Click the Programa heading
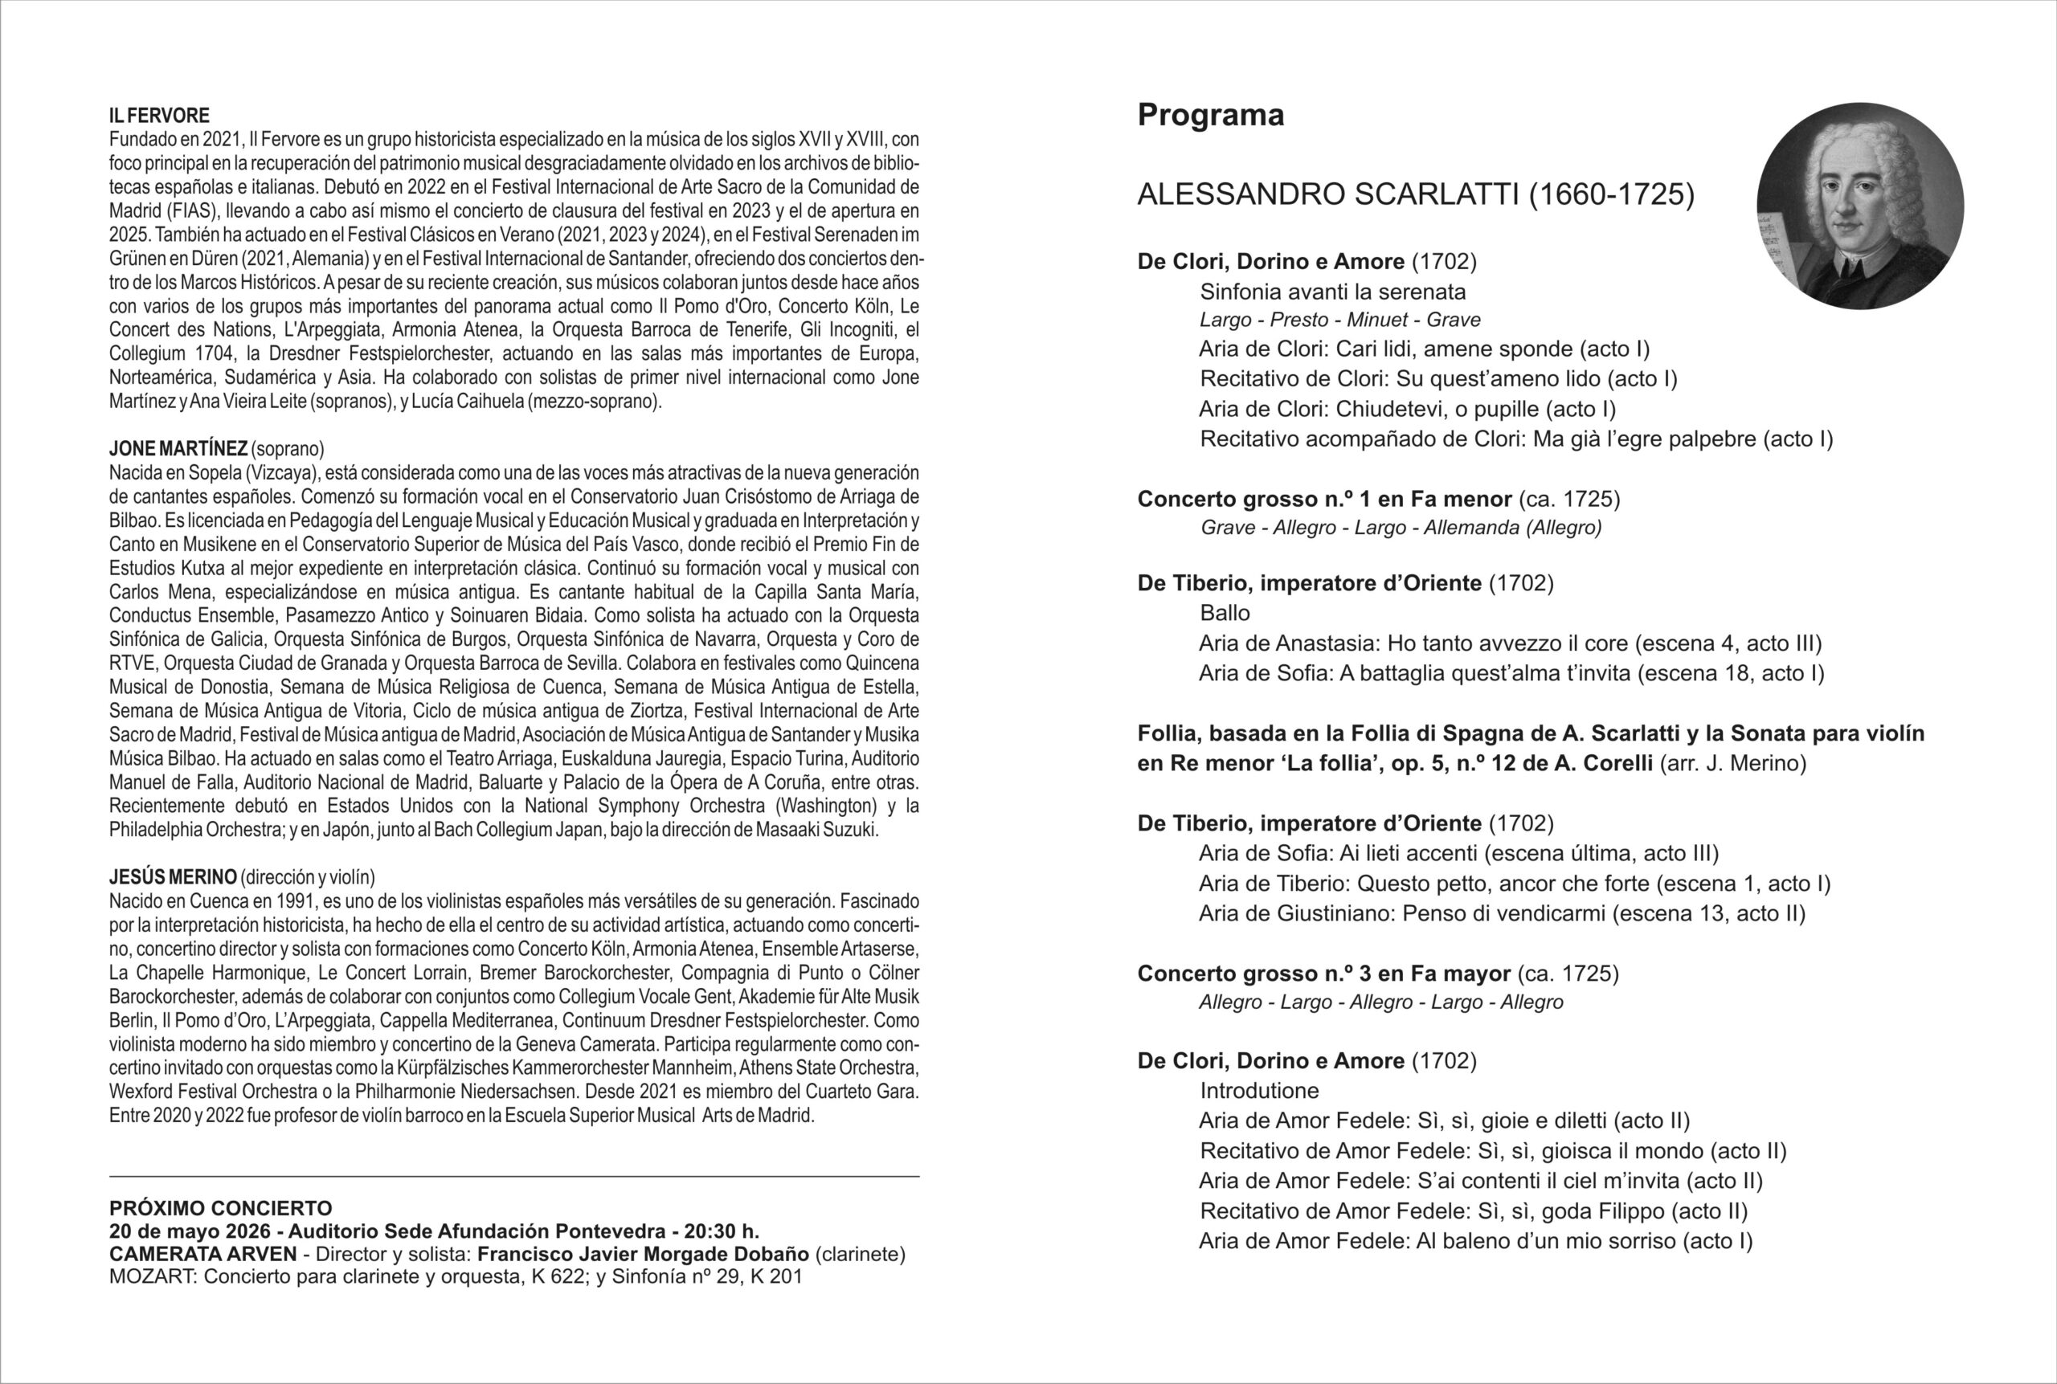pyautogui.click(x=1210, y=116)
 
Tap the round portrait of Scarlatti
pyautogui.click(x=1860, y=206)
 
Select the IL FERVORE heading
pyautogui.click(x=160, y=116)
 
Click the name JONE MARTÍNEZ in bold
pyautogui.click(x=178, y=449)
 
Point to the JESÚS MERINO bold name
pyautogui.click(x=173, y=877)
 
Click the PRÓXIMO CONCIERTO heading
pyautogui.click(x=221, y=1208)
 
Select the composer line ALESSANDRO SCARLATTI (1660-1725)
pyautogui.click(x=1415, y=195)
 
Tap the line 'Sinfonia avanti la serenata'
pyautogui.click(x=1332, y=292)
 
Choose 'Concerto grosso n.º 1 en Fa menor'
pyautogui.click(x=1324, y=500)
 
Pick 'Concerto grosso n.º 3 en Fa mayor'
pyautogui.click(x=1323, y=974)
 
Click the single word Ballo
pyautogui.click(x=1225, y=613)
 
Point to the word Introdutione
pyautogui.click(x=1259, y=1091)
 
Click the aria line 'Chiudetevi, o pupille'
pyautogui.click(x=1407, y=410)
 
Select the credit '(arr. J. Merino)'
pyautogui.click(x=1733, y=764)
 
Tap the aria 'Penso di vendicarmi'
pyautogui.click(x=1502, y=913)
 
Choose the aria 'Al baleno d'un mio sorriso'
pyautogui.click(x=1475, y=1241)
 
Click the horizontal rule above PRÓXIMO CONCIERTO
pyautogui.click(x=513, y=1177)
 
